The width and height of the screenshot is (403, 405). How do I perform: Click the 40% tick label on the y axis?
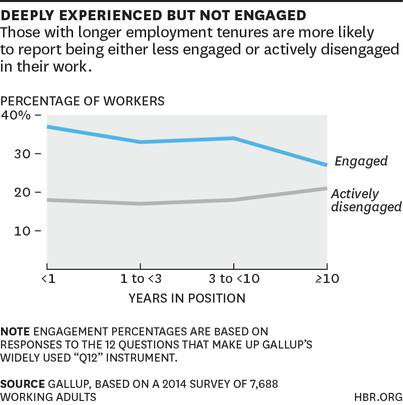point(16,115)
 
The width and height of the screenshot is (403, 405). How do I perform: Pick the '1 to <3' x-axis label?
point(140,279)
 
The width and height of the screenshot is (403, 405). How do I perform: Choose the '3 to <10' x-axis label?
point(234,279)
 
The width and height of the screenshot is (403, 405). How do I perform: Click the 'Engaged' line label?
point(361,161)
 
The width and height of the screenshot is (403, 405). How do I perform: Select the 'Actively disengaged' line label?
point(366,200)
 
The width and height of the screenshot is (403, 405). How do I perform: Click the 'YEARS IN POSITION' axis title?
point(187,298)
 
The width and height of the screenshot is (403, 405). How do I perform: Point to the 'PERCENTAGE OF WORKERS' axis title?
point(83,101)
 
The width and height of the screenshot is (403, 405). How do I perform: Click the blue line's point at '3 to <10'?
point(234,138)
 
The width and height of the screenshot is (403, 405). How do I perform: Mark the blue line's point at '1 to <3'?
point(140,142)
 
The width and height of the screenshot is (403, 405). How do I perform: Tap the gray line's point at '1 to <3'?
point(140,204)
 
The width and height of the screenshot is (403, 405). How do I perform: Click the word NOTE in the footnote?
point(15,332)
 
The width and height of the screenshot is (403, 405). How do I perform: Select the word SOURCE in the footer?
point(22,384)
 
